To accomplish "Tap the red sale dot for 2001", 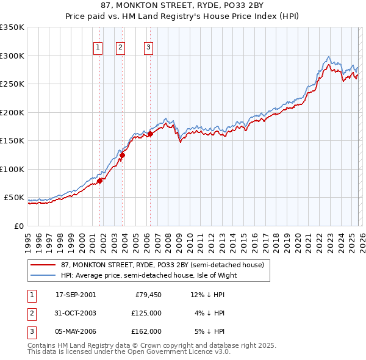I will (99, 180).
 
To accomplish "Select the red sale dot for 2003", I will (122, 155).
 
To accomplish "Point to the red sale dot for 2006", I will (150, 134).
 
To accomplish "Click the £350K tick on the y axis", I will (12, 27).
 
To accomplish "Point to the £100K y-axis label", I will (12, 169).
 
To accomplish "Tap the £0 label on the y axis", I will (18, 226).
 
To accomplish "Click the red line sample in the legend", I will (44, 265).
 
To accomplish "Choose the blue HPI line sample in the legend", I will (44, 275).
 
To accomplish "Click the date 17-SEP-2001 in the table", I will (75, 295).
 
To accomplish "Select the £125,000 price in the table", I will (146, 313).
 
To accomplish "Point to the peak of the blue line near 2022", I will (328, 57).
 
